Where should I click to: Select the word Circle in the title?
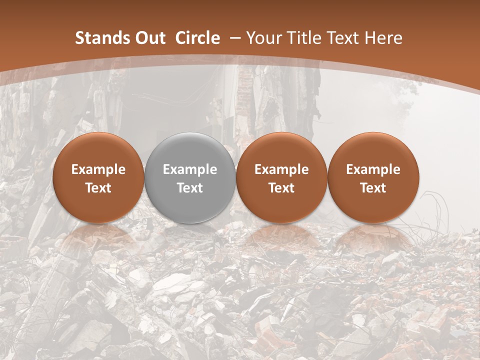pos(197,38)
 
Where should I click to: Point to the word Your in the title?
pos(262,38)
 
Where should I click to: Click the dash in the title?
pos(235,38)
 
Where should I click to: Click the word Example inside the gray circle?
pos(190,169)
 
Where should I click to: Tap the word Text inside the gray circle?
pos(190,188)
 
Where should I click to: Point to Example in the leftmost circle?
pos(98,169)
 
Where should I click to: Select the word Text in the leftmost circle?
pos(98,188)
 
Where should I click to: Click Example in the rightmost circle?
pos(373,169)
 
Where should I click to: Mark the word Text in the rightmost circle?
pos(373,188)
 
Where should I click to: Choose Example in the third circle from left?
pos(281,169)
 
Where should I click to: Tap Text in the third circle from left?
pos(281,188)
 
